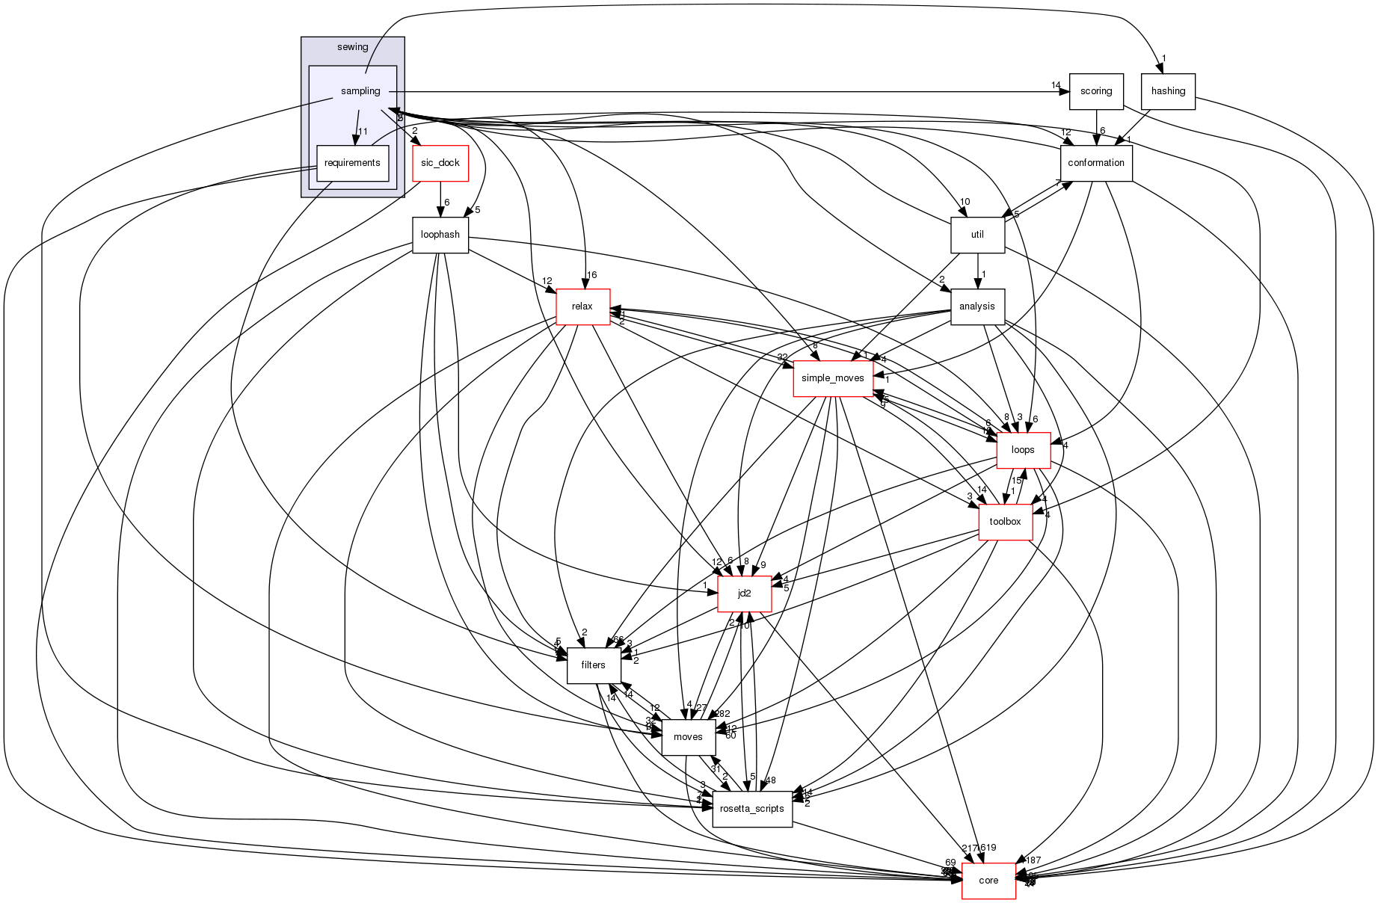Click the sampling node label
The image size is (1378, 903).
pos(360,91)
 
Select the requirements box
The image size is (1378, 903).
pos(352,163)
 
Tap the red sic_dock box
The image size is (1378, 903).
pos(440,163)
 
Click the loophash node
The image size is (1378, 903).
pos(440,235)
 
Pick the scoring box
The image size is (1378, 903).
pos(1096,91)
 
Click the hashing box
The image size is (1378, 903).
pos(1168,91)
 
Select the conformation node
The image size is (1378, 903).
pos(1096,163)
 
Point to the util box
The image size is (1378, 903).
pos(977,235)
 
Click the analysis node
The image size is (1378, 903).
pos(977,306)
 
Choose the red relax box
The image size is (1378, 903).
pos(582,306)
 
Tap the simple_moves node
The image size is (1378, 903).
pos(832,378)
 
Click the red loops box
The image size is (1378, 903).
pos(1023,450)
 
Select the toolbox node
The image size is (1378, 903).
pos(1005,522)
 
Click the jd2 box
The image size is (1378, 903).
pos(744,594)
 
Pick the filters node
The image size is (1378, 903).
pos(593,665)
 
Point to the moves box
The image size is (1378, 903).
pos(688,737)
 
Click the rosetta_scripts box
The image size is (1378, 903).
pos(752,809)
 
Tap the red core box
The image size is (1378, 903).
pos(988,881)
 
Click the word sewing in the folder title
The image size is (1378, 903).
pos(353,47)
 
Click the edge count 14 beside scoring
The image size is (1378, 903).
pos(1056,85)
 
